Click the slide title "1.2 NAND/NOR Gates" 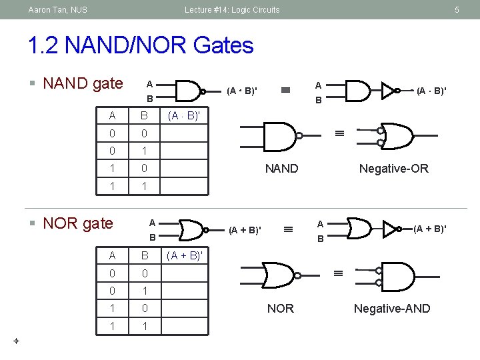click(141, 45)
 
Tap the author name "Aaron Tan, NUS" click(57, 9)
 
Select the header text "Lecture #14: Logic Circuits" click(232, 9)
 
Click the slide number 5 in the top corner click(457, 9)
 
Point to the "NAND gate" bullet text click(83, 83)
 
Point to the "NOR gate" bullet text click(77, 223)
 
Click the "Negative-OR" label click(393, 169)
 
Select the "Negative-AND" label click(392, 308)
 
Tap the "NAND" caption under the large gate click(281, 169)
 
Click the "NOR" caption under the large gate click(280, 308)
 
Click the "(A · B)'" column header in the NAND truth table click(183, 116)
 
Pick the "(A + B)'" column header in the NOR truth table click(184, 255)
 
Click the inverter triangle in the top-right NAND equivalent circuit click(389, 91)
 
